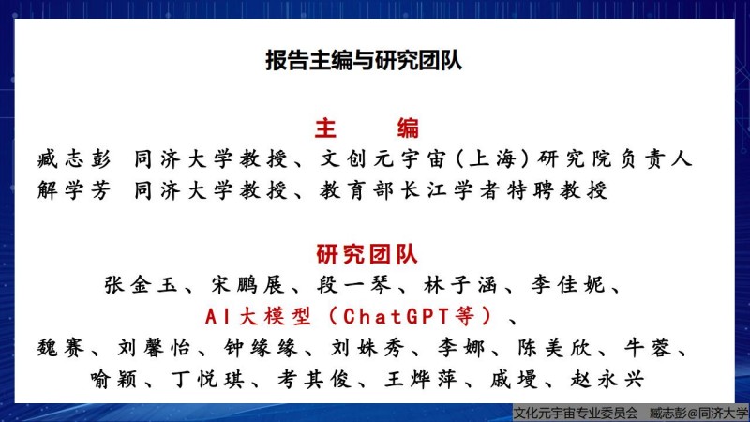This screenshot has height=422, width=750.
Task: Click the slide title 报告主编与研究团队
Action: (x=364, y=61)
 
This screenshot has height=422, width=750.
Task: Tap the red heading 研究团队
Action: (x=367, y=254)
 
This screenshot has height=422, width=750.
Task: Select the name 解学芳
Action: (x=74, y=190)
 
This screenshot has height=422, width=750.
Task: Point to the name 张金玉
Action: (x=141, y=285)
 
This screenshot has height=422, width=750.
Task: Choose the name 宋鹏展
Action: (x=247, y=285)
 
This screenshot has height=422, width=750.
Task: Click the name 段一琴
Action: (x=354, y=285)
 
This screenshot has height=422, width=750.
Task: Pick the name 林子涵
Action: (x=460, y=285)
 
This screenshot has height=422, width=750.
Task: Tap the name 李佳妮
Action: (x=567, y=285)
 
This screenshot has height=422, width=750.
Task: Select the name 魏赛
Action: (x=61, y=348)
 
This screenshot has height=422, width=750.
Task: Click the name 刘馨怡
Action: (x=154, y=348)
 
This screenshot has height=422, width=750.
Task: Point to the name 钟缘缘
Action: (x=261, y=348)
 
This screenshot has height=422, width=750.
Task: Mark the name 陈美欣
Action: (x=554, y=348)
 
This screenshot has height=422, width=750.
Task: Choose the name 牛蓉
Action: (x=648, y=348)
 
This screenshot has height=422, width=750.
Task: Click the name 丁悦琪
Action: (x=207, y=380)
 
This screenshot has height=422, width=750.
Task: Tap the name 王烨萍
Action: (x=421, y=380)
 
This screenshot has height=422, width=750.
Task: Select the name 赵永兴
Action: (x=607, y=380)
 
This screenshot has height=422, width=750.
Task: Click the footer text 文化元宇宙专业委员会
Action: (x=575, y=413)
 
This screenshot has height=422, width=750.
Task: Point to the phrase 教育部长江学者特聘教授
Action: (x=463, y=190)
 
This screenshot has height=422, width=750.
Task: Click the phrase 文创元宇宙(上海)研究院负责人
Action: (x=505, y=158)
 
